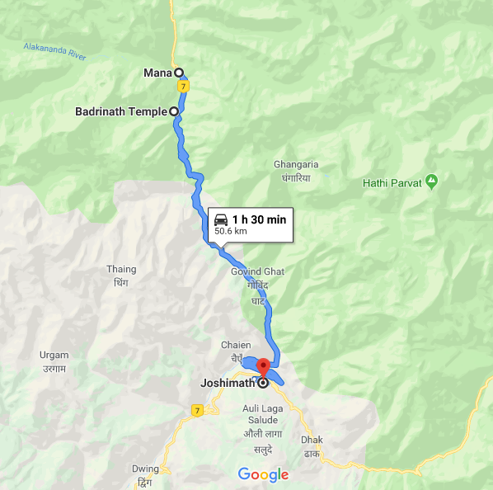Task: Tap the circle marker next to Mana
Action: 177,73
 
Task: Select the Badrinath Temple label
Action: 121,111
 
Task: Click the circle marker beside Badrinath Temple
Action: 174,111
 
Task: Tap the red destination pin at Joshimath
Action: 263,367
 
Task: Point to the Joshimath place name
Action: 228,383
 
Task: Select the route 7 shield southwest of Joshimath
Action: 196,409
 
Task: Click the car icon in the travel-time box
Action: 221,219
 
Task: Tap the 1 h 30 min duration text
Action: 259,219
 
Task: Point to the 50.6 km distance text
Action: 230,232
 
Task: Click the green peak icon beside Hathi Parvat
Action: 431,181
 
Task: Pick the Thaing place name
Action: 121,269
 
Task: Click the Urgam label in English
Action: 54,356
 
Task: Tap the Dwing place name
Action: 145,469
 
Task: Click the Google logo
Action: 263,474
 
